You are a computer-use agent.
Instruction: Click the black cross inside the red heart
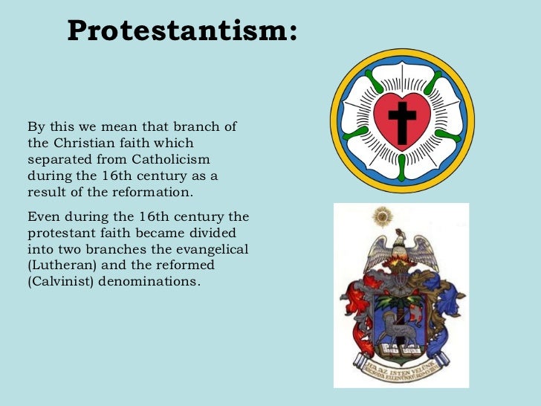click(402, 121)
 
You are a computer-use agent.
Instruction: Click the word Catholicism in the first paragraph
click(171, 160)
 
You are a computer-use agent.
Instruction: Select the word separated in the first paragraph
click(58, 160)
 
